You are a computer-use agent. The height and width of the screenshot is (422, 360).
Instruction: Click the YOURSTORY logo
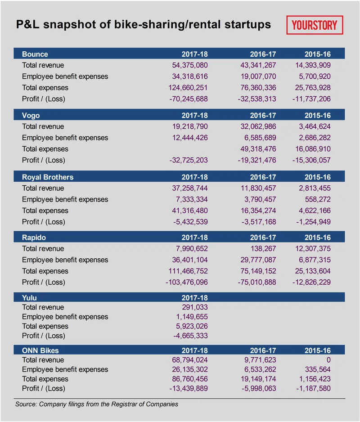315,25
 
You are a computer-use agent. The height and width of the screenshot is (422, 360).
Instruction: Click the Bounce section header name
35,54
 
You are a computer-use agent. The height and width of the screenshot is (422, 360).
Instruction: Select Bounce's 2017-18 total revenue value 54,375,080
190,65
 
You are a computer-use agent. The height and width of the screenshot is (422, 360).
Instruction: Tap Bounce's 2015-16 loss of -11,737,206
311,99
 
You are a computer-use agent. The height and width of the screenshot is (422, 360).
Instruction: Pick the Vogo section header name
31,116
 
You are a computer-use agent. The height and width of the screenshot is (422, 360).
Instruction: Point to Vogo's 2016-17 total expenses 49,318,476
258,149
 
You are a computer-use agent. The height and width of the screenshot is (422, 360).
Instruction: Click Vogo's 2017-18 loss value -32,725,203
189,160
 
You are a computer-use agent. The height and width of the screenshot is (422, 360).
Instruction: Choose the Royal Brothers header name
48,177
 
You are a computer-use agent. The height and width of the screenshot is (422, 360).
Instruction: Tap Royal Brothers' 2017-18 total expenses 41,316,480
190,211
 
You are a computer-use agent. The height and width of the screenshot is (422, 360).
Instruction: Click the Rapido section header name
34,238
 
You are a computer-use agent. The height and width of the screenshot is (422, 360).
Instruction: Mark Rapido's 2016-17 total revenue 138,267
263,248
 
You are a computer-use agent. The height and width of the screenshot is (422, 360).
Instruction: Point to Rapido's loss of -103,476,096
187,282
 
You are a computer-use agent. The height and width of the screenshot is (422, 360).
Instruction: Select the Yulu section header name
29,298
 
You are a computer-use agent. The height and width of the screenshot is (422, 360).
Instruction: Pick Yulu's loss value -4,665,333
190,336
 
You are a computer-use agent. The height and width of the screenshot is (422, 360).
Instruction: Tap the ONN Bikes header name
40,350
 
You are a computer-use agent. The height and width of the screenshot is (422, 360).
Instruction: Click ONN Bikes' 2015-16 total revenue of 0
328,360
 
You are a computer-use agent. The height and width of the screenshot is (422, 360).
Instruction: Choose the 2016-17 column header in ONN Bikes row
263,350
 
